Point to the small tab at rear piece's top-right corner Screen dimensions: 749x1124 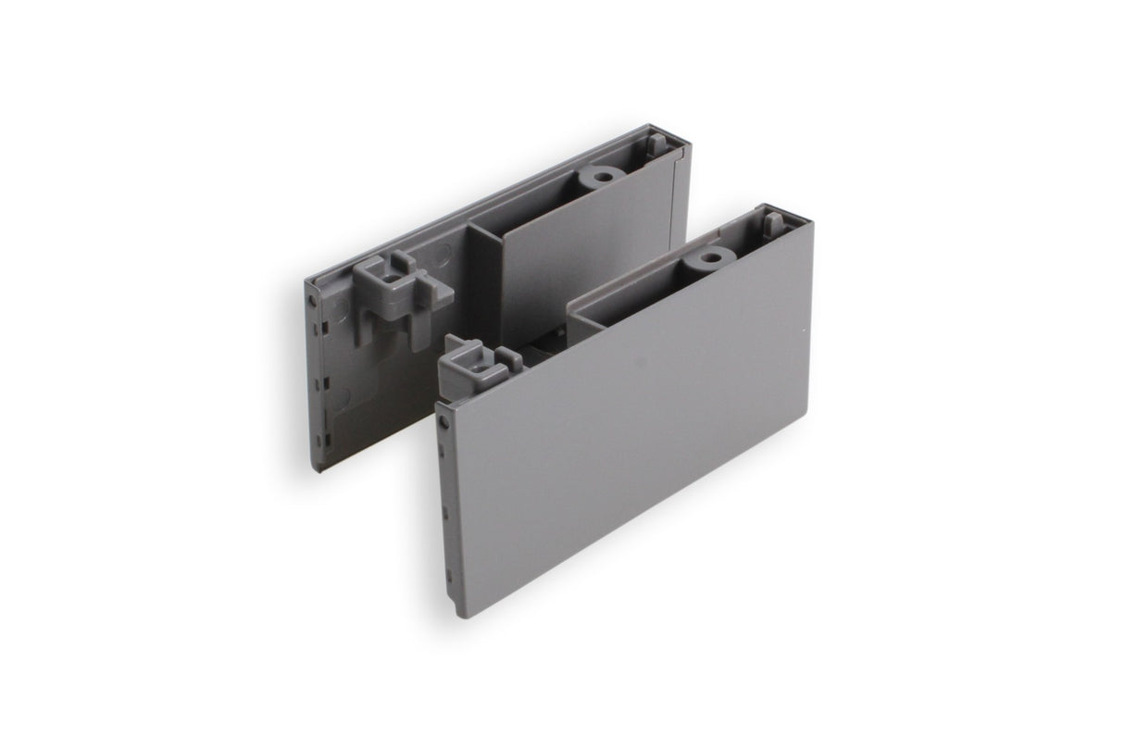[656, 144]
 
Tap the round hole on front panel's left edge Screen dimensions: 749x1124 [445, 421]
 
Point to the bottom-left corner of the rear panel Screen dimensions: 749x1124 [316, 469]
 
